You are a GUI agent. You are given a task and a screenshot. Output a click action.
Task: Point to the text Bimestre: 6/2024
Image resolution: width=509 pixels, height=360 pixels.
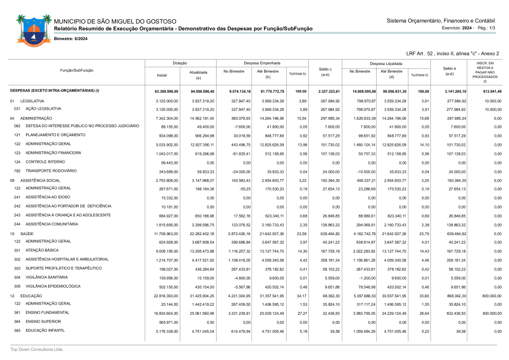tap(71, 38)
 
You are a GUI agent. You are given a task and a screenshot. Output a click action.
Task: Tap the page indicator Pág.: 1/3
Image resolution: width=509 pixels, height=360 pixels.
tap(486, 28)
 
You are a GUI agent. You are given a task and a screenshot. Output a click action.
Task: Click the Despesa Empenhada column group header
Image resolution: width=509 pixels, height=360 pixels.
tap(262, 63)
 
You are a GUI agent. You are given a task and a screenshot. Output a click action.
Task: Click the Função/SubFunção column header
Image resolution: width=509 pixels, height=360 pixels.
tap(77, 70)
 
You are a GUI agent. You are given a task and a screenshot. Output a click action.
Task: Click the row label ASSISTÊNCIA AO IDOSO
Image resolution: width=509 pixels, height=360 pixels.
tap(49, 197)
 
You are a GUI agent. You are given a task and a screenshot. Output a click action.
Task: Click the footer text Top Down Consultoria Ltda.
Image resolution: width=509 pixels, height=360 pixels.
tap(37, 349)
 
